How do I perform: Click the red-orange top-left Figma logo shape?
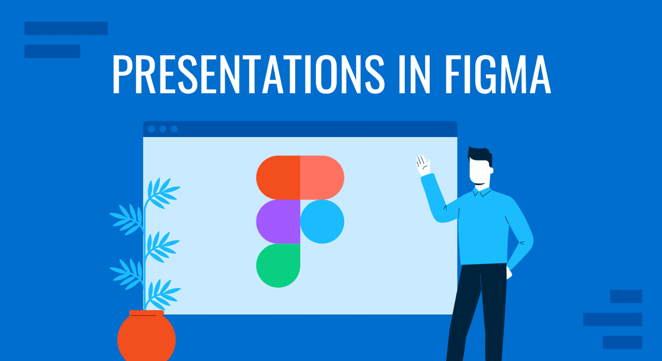point(278,177)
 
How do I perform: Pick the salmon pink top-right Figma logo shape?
point(322,177)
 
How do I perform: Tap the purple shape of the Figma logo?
point(278,222)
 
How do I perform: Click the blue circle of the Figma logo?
point(322,222)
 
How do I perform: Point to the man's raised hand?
point(423,165)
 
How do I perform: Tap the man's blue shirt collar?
point(481,191)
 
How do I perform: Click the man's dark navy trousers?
point(477,309)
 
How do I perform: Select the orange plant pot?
point(146,336)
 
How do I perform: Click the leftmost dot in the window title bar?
point(152,129)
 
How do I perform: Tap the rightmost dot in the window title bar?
point(174,129)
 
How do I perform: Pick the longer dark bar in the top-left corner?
point(66,28)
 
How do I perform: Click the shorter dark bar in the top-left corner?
point(52,51)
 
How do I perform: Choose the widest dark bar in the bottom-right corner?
point(612,319)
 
